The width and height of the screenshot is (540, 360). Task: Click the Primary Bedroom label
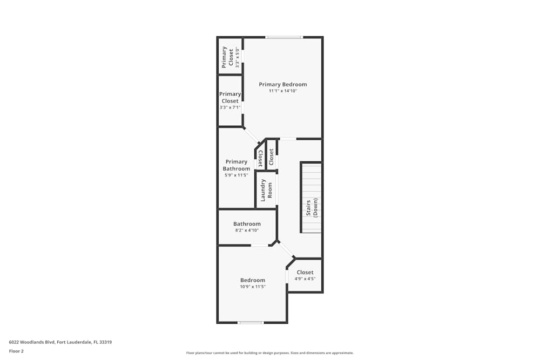282,84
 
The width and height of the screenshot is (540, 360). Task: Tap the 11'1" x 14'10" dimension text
282,91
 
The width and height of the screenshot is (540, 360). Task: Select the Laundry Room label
267,190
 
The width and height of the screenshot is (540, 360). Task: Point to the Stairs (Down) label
312,207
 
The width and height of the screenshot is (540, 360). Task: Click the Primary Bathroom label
237,165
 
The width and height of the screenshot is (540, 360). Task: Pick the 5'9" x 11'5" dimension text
237,175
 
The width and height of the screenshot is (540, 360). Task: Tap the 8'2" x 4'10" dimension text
247,230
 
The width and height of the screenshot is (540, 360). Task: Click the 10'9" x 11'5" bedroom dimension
253,287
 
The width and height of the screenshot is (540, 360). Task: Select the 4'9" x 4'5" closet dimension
305,279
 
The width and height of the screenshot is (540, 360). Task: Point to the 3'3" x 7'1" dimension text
230,107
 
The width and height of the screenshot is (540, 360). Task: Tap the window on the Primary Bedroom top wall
283,37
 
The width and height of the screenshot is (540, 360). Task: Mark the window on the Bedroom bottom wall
251,323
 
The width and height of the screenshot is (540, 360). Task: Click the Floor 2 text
17,351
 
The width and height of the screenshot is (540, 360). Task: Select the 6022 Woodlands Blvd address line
60,342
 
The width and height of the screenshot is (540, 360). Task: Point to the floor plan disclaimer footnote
269,353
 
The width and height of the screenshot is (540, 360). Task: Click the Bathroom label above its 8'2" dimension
247,224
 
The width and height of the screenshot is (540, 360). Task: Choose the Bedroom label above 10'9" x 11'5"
253,280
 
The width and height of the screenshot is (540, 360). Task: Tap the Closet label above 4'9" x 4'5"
305,273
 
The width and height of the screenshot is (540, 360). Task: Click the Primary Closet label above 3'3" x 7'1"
230,98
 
